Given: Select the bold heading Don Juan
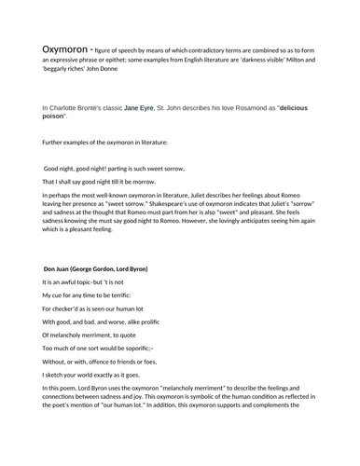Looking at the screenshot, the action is tap(62, 268).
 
